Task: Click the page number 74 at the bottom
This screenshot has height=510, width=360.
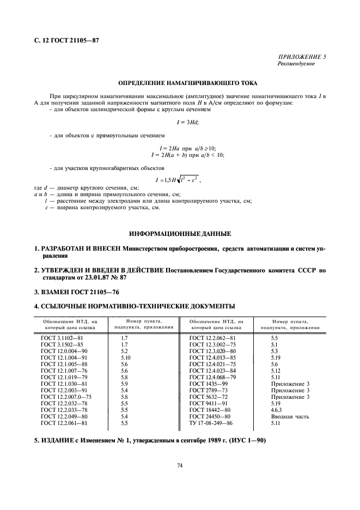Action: tap(179, 465)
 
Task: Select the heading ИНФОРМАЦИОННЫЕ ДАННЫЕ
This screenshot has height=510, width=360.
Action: tap(180, 234)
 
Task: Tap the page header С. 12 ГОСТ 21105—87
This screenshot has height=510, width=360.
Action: tap(66, 40)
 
